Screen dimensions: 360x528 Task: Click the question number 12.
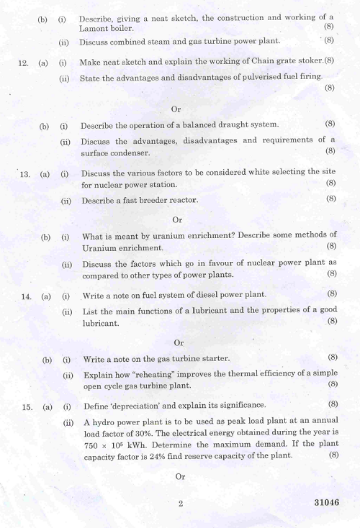[x=22, y=63]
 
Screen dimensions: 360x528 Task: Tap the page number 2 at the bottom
[x=181, y=504]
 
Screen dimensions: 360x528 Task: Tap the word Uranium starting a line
[x=100, y=247]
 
